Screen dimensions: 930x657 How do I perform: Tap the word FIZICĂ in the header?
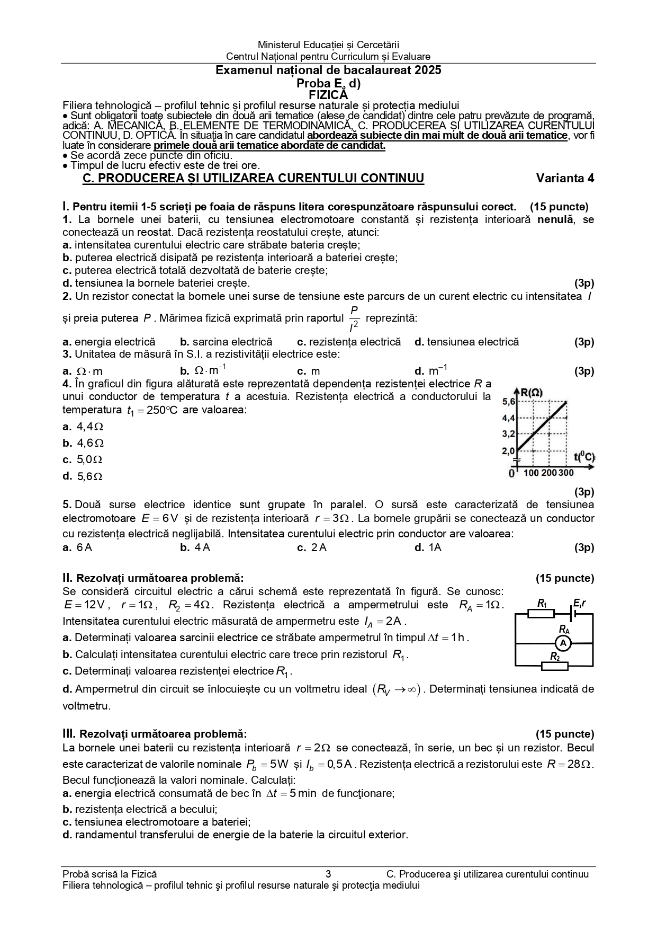click(328, 95)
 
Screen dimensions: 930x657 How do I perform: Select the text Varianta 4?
click(565, 178)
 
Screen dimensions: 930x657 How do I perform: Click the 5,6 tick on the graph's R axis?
click(508, 402)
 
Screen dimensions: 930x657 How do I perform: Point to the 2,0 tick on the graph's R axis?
click(508, 451)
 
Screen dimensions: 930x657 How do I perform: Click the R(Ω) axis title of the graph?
click(531, 393)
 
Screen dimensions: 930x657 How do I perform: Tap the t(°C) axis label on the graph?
click(584, 456)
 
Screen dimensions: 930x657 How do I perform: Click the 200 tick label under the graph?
click(549, 473)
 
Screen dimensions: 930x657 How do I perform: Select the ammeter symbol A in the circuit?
click(563, 643)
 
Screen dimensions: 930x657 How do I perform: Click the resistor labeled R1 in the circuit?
click(541, 614)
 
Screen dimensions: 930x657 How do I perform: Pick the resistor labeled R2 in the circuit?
click(554, 666)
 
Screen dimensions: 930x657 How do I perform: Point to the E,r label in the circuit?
click(579, 603)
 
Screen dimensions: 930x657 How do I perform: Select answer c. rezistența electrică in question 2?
click(349, 342)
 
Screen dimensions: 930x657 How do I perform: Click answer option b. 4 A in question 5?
click(195, 547)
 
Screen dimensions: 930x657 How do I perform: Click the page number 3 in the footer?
click(328, 874)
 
